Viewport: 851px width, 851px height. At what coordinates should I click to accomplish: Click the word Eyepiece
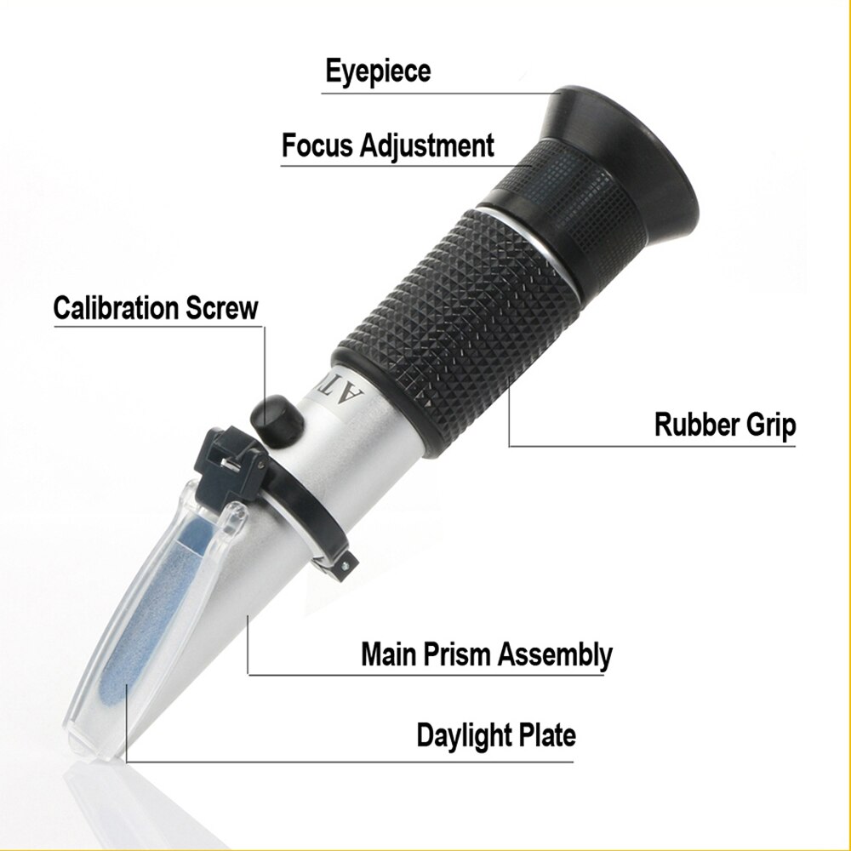378,71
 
